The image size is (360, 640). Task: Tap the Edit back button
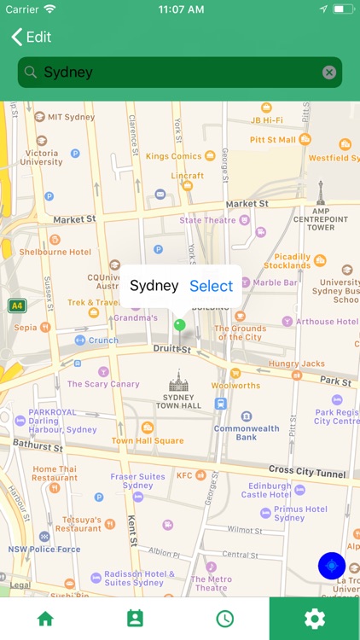(32, 37)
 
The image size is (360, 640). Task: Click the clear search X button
(329, 73)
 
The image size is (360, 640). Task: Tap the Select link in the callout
(211, 286)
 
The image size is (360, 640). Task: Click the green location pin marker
(179, 324)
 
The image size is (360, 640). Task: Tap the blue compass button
(332, 565)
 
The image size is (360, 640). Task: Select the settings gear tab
(315, 619)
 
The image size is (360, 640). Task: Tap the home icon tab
(45, 619)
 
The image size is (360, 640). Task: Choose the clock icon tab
(224, 619)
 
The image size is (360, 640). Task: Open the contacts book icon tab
(135, 619)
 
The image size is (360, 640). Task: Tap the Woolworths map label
(236, 386)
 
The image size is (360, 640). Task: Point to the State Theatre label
(207, 220)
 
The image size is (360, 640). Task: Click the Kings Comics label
(173, 156)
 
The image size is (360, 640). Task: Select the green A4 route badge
(16, 305)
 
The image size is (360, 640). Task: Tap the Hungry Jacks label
(297, 364)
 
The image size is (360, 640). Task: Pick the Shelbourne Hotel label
(55, 253)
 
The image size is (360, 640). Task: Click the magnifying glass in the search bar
(31, 73)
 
